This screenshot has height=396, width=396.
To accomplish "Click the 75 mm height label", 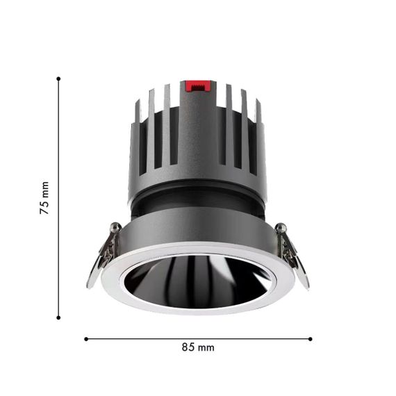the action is (44, 198).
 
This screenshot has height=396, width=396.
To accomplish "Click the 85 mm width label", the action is (198, 347).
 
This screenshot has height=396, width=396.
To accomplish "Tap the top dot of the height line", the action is (58, 79).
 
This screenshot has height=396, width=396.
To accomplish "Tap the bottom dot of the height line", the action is (58, 317).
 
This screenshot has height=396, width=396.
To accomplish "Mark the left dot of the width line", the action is (86, 339).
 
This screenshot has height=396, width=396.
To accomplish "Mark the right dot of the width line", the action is (311, 339).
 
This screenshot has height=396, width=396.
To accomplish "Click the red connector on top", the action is (198, 86).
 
